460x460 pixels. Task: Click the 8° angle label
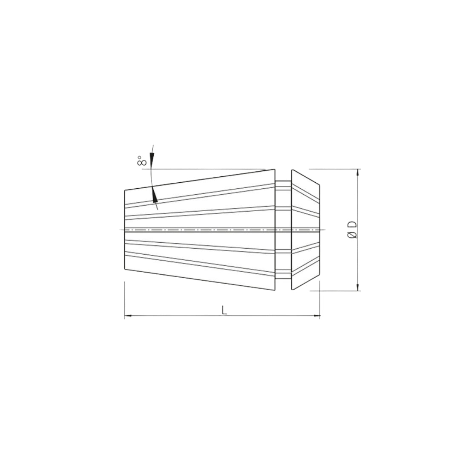pos(142,161)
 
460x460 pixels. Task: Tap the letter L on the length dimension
pos(224,310)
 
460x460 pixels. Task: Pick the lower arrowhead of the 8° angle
pos(155,195)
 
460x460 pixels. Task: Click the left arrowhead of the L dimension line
pos(128,316)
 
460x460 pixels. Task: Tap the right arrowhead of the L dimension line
pos(316,316)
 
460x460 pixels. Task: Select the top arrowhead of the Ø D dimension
pos(358,173)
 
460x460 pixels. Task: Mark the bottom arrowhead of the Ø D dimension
pos(358,287)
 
